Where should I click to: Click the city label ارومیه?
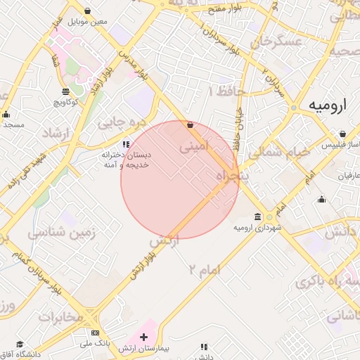328,105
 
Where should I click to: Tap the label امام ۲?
205,269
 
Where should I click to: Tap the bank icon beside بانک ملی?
96,332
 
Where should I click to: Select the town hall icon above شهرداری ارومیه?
258,216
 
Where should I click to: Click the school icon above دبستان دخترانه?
127,143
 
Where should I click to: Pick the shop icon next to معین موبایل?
87,11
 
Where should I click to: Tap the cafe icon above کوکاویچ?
66,92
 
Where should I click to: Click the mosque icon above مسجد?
6,115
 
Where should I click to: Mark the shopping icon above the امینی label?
190,124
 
